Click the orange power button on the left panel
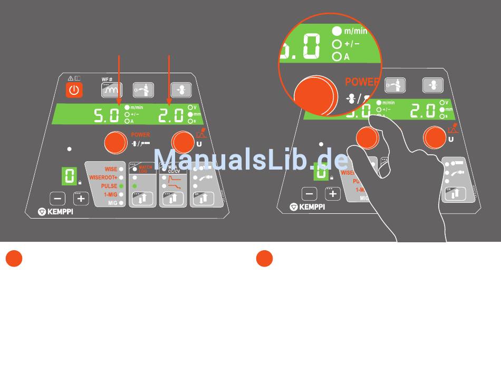point(74,90)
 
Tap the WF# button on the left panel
point(111,90)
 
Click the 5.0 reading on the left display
point(106,115)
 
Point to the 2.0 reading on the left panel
point(171,115)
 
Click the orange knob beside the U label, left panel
point(182,141)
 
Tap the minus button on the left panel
point(58,199)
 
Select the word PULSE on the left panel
point(109,186)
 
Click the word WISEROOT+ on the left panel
point(103,178)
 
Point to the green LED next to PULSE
point(121,186)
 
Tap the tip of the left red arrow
point(119,104)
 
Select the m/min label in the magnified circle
point(355,31)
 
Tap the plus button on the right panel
point(333,193)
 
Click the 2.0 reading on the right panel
point(422,111)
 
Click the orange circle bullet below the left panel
point(14,259)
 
